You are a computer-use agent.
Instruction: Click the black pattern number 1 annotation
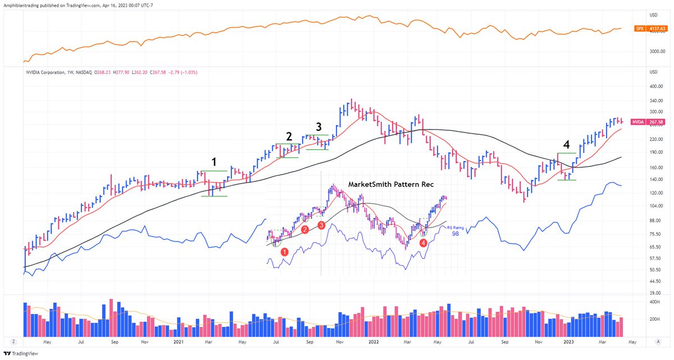pyautogui.click(x=213, y=162)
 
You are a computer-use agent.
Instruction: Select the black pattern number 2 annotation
pyautogui.click(x=289, y=136)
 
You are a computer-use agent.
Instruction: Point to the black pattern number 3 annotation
pyautogui.click(x=318, y=126)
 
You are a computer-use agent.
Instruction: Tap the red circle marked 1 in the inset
pyautogui.click(x=285, y=252)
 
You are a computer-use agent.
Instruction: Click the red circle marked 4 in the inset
pyautogui.click(x=423, y=242)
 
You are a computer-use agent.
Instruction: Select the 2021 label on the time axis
pyautogui.click(x=179, y=341)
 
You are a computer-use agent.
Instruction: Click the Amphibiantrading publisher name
pyautogui.click(x=25, y=4)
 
